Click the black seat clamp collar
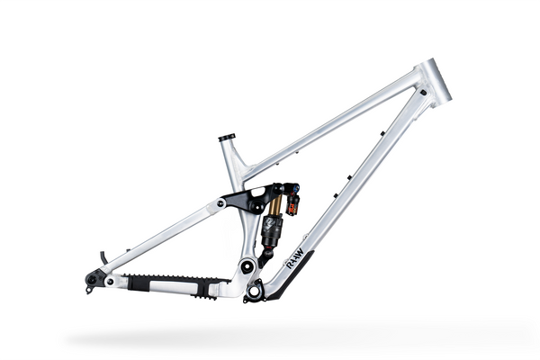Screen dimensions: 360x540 (227, 138)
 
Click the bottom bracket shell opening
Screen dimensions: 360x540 (255, 291)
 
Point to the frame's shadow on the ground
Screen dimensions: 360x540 (270, 337)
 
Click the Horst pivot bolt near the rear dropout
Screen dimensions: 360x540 (110, 282)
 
